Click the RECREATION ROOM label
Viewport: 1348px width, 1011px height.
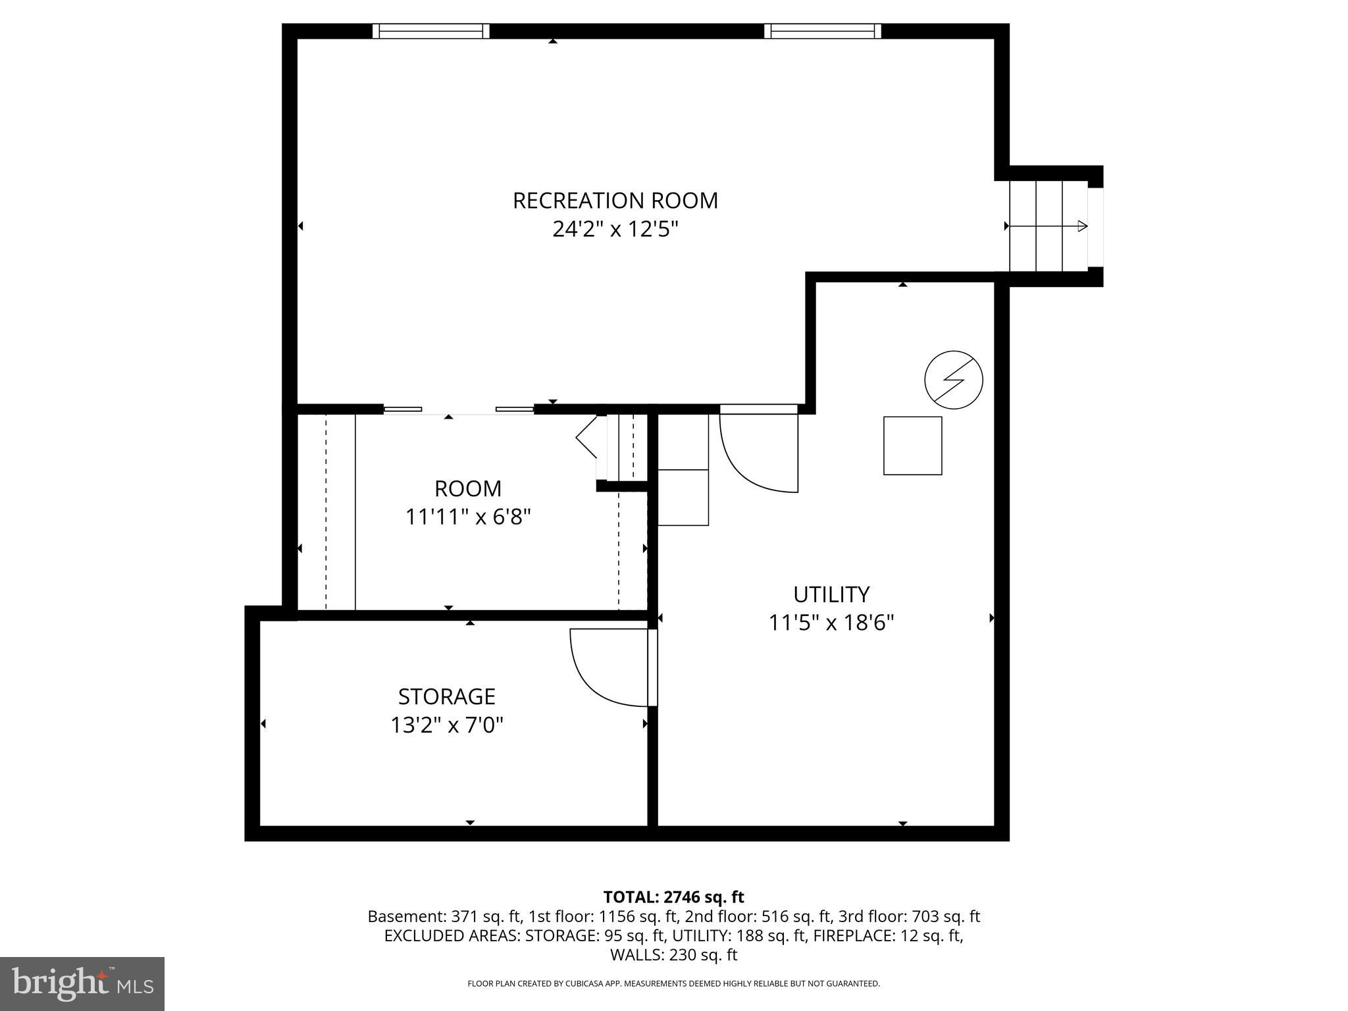[615, 200]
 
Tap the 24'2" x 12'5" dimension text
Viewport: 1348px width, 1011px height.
[615, 230]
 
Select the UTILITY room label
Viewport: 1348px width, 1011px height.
[831, 594]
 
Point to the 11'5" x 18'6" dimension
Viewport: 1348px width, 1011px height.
[831, 623]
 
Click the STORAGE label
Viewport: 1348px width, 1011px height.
[446, 696]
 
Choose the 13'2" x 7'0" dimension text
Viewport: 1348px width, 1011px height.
[446, 725]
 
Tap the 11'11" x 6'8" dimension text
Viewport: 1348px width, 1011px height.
[467, 517]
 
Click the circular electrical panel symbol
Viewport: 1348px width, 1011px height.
[953, 380]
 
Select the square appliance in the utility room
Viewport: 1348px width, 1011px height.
[912, 446]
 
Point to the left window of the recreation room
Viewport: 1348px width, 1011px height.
[431, 31]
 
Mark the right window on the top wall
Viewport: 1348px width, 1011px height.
[822, 31]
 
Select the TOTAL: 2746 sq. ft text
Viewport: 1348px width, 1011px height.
[673, 897]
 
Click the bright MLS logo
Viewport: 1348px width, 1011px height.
[82, 983]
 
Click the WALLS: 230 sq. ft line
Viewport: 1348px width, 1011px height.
[673, 954]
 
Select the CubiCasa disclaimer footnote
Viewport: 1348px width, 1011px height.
[673, 983]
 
